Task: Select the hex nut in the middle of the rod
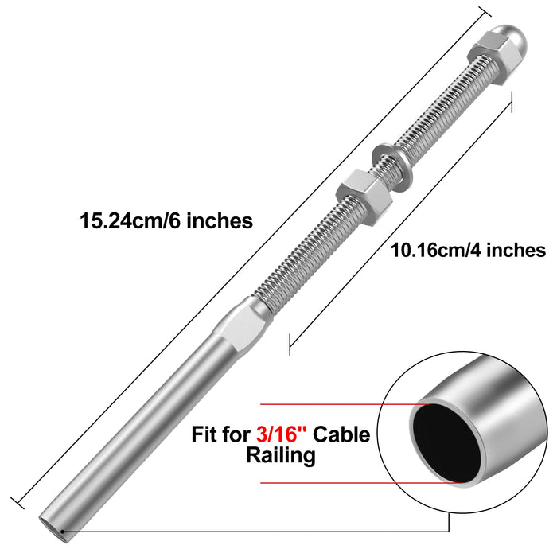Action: point(364,196)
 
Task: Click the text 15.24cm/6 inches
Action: point(166,220)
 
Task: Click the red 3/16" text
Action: point(282,434)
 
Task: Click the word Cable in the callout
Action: point(342,434)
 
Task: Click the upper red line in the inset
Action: point(334,403)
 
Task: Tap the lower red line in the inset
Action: point(358,482)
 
